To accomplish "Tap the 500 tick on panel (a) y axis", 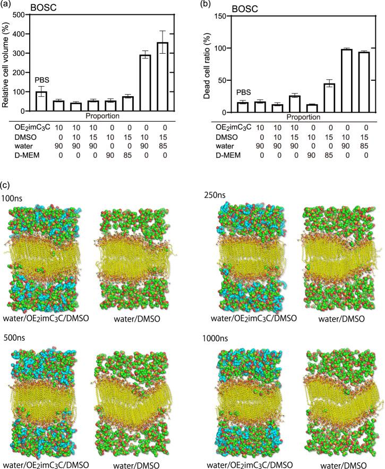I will [23, 14].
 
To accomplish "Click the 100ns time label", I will [11, 197].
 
